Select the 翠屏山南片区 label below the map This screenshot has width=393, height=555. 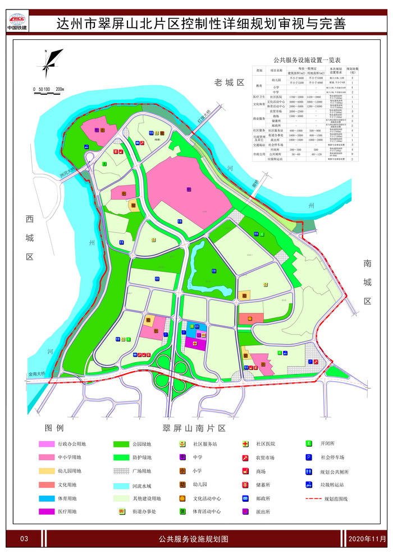point(194,428)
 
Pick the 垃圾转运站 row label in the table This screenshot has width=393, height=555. point(276,159)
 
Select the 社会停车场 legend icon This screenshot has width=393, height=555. point(309,457)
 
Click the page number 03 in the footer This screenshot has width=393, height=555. point(24,539)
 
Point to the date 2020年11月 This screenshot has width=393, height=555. point(367,539)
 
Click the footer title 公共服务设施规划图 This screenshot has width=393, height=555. point(194,539)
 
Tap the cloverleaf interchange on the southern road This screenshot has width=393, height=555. point(169,367)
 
